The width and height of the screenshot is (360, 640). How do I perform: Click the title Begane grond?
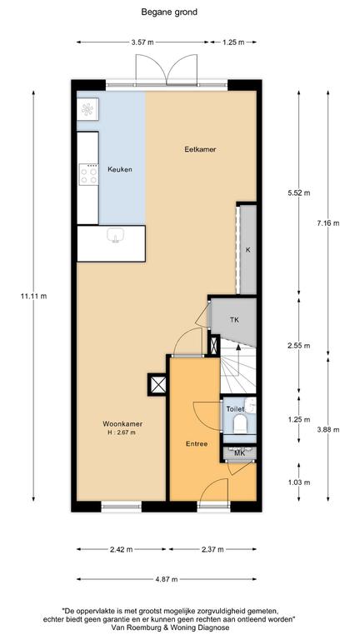coord(169,12)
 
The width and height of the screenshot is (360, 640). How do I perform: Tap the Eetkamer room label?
coord(200,149)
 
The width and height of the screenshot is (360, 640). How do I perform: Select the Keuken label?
coord(120,169)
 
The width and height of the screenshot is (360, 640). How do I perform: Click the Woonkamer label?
coord(122,423)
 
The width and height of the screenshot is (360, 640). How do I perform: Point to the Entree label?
coord(197,444)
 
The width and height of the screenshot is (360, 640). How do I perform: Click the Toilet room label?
coord(235,409)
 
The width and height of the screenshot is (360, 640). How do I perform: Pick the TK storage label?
coord(234,320)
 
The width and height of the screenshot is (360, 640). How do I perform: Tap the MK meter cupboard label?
coord(239,452)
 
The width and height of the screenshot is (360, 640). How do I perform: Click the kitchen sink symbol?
coord(116,236)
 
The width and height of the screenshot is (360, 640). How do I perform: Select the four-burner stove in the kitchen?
coord(88,175)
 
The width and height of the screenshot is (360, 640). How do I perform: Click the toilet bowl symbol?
coord(240,424)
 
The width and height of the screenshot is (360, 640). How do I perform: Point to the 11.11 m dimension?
coord(33,297)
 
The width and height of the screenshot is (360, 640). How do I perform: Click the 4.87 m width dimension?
coord(167,579)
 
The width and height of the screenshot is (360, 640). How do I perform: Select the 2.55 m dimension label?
coord(299,345)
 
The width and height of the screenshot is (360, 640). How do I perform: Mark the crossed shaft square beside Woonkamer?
coord(157,384)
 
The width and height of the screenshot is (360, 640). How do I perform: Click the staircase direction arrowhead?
coord(239,347)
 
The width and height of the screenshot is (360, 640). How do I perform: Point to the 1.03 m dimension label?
coord(299,482)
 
